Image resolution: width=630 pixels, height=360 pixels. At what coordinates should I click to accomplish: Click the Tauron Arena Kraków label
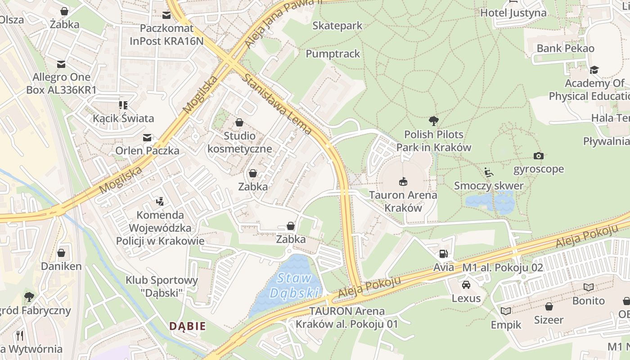[x=403, y=202]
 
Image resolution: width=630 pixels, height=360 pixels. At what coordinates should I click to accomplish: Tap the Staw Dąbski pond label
[x=295, y=286]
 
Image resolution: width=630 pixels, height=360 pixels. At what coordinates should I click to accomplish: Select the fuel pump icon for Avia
[x=443, y=254]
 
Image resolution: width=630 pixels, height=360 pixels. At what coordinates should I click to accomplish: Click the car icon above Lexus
[x=466, y=285]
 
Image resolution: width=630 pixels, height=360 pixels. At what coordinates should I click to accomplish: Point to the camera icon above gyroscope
[x=538, y=156]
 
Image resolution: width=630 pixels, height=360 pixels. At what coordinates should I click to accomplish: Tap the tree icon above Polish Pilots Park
[x=433, y=121]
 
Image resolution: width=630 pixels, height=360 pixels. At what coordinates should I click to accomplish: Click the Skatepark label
[x=337, y=26]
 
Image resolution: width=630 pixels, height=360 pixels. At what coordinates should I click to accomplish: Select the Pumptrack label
[x=333, y=54]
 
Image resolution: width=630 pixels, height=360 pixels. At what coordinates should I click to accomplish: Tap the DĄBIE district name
[x=187, y=326]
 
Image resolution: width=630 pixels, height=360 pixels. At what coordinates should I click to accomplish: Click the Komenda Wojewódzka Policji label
[x=160, y=228]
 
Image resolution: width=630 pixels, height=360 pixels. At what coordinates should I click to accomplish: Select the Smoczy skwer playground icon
[x=489, y=172]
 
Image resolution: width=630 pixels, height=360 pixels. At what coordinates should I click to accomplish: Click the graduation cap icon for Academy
[x=594, y=70]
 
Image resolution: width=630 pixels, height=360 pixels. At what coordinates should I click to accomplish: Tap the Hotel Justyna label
[x=513, y=13]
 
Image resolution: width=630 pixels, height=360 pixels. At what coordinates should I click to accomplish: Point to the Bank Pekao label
[x=565, y=48]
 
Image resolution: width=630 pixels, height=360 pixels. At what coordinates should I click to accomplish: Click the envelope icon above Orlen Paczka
[x=147, y=137]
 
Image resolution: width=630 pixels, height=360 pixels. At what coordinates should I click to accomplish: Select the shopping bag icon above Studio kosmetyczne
[x=239, y=122]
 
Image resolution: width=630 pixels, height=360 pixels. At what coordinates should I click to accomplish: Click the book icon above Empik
[x=506, y=311]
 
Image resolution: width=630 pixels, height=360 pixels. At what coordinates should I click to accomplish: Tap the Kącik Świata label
[x=123, y=118]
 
